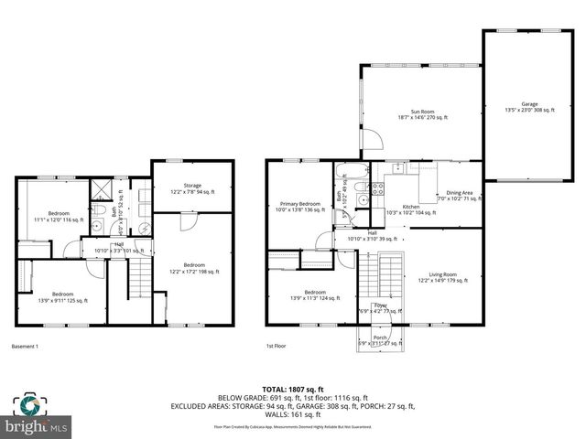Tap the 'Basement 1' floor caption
26,348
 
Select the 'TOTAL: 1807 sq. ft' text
292,389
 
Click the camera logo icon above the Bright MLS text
30,403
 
